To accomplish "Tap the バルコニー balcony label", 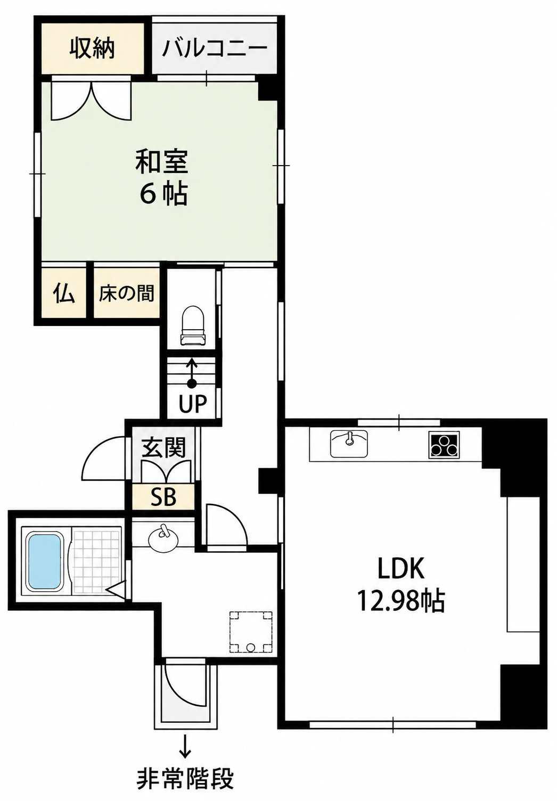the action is tap(215, 48).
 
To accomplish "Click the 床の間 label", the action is tap(127, 293).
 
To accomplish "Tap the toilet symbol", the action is tap(193, 326).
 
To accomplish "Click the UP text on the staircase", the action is tap(193, 404).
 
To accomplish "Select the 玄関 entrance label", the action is tap(163, 447).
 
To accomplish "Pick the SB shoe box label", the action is tap(163, 497).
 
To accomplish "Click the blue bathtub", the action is tap(44, 561).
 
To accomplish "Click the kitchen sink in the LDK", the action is tap(349, 444).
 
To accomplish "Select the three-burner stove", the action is tap(444, 445).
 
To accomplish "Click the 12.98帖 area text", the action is tap(401, 601).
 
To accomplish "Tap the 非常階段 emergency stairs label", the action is tap(185, 776).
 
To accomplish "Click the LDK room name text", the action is tap(401, 568).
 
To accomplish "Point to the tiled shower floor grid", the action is tap(97, 561).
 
